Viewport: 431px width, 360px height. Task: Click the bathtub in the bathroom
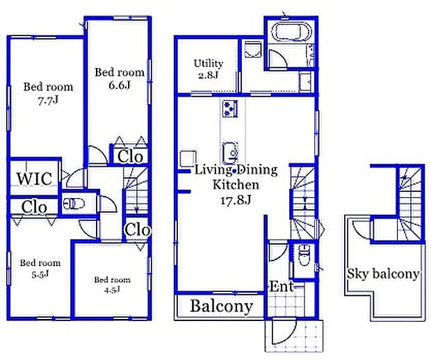(x=293, y=31)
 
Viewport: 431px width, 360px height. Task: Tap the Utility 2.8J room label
(x=209, y=69)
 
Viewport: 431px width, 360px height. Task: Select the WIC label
(x=35, y=179)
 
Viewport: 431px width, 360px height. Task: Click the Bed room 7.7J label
(x=49, y=94)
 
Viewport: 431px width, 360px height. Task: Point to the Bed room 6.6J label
(x=120, y=79)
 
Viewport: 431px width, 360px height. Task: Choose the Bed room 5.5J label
(x=40, y=268)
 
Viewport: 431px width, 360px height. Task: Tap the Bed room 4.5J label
(x=112, y=285)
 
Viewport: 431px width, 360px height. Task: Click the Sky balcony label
(x=383, y=274)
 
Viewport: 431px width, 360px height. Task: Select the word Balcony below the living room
(x=221, y=306)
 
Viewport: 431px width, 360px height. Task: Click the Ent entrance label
(x=281, y=286)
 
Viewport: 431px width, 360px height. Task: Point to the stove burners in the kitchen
(x=229, y=108)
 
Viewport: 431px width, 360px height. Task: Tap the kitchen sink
(x=230, y=152)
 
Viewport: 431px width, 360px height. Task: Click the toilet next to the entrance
(x=304, y=255)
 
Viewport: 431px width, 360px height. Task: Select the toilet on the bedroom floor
(x=74, y=204)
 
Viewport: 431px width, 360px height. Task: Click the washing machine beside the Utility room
(x=252, y=49)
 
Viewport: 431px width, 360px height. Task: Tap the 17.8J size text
(x=236, y=200)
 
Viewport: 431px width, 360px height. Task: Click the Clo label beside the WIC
(x=34, y=207)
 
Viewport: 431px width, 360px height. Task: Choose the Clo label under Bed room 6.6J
(x=130, y=156)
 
